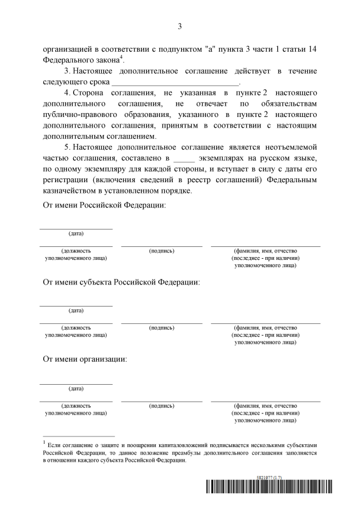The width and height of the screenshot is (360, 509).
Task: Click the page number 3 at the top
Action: click(x=179, y=26)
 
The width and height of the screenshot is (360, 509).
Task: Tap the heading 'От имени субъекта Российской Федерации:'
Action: click(x=121, y=282)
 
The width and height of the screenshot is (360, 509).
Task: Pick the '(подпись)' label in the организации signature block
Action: click(x=161, y=405)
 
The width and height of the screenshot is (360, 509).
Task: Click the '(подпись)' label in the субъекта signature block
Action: click(x=161, y=328)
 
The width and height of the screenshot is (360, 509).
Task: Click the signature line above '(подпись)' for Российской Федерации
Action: click(x=161, y=246)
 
